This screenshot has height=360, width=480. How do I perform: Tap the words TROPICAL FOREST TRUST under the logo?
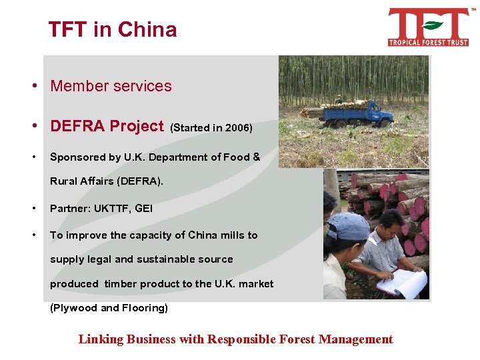pos(429,42)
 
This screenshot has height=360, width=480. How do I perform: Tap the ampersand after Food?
pos(256,157)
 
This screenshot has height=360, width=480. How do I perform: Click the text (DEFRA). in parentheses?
pos(137,181)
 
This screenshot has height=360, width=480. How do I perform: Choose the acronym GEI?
pos(143,208)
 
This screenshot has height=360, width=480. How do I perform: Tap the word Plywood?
pos(75,308)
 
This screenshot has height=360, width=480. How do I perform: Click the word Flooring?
pos(143,308)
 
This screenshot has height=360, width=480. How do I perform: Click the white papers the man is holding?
pos(401,283)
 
